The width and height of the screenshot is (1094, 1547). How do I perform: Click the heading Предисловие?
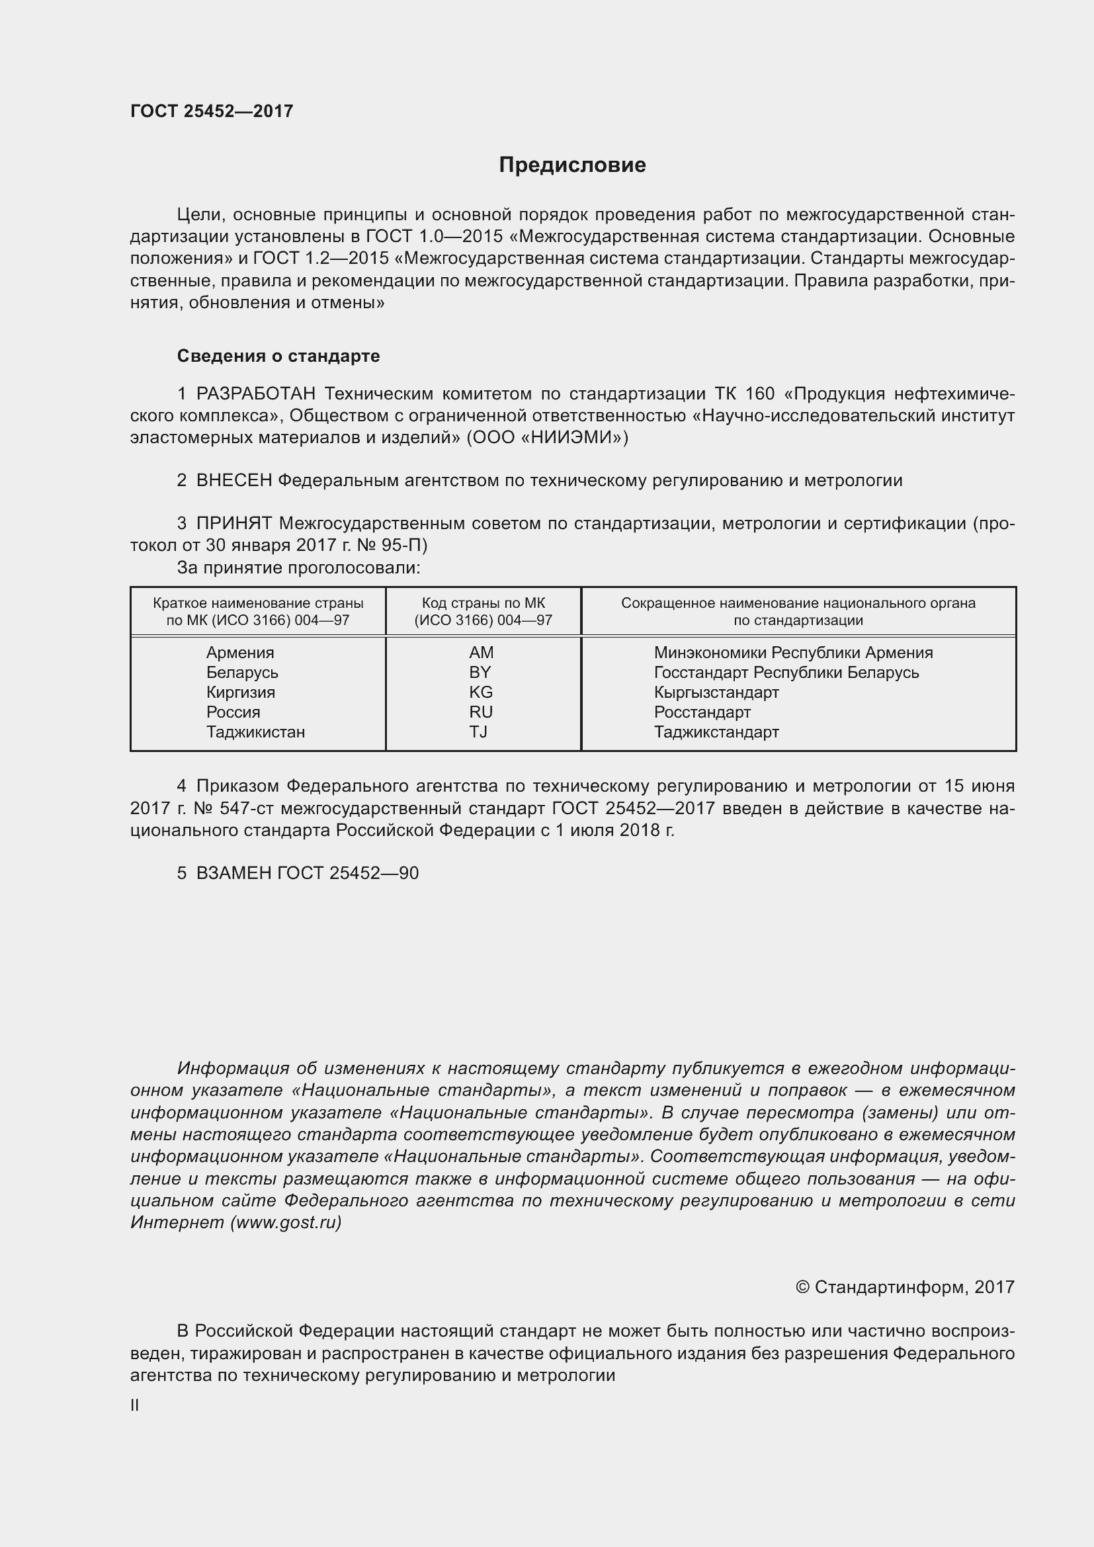572,165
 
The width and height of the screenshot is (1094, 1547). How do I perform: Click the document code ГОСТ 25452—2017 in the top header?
212,111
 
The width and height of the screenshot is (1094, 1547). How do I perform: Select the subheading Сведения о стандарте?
278,356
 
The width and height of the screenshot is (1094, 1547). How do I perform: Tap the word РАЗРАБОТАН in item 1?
255,394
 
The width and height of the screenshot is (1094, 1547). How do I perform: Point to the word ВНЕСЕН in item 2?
233,480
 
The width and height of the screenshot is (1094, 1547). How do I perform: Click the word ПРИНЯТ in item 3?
233,524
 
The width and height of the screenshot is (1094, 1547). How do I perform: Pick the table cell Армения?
240,652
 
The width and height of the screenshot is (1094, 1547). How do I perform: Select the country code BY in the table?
480,673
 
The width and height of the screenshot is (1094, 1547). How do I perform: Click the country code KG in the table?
481,692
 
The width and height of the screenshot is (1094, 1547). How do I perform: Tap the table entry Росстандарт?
702,712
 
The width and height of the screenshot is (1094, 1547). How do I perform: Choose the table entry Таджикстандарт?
716,732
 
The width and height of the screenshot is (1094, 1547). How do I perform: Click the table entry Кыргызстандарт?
716,692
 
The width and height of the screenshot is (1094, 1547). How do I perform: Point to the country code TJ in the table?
478,732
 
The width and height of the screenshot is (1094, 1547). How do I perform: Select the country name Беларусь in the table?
242,673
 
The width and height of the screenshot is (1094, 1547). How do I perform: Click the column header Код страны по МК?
483,604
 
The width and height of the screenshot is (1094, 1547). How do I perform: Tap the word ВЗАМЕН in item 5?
233,873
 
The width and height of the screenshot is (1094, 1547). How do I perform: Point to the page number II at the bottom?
135,1405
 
